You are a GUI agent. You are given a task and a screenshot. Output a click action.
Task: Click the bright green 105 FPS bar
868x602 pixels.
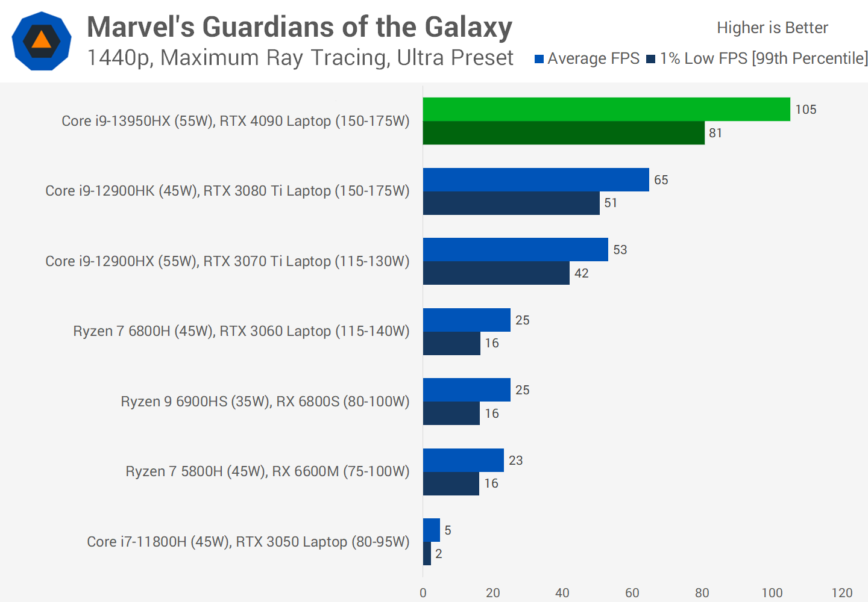click(x=606, y=109)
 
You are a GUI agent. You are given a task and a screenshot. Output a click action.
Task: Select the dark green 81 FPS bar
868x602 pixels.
click(x=564, y=133)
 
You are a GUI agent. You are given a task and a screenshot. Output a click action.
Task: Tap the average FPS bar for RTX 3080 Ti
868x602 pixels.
click(x=536, y=179)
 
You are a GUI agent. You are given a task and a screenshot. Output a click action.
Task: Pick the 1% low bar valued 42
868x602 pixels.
click(x=496, y=273)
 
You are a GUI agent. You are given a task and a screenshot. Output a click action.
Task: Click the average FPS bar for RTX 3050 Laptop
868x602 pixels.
click(x=432, y=530)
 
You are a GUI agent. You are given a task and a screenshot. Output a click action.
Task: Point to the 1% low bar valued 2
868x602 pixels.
click(x=427, y=554)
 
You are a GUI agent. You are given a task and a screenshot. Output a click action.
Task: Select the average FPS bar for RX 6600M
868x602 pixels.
click(x=463, y=460)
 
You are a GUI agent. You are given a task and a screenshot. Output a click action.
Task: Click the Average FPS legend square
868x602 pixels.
click(x=539, y=59)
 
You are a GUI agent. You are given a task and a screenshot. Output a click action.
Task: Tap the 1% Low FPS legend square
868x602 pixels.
click(x=650, y=59)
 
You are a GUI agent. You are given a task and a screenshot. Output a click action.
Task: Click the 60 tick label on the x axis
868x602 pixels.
click(x=632, y=593)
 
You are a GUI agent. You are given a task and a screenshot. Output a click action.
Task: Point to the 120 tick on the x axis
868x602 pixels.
click(x=841, y=593)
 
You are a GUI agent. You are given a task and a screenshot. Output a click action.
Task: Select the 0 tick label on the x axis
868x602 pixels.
click(x=423, y=593)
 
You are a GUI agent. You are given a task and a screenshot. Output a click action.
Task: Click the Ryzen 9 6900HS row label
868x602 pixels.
click(x=265, y=402)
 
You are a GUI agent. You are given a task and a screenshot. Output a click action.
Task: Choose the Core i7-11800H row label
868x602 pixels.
click(x=248, y=542)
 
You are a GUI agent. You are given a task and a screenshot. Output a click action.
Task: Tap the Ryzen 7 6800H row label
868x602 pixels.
click(x=241, y=331)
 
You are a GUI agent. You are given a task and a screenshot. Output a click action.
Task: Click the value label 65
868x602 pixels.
click(x=661, y=180)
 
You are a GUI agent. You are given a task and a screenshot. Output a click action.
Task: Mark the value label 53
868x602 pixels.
click(x=620, y=250)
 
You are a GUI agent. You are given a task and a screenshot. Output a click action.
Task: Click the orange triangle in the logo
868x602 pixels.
click(x=41, y=40)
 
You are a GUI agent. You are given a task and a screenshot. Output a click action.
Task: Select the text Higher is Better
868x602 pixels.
click(x=772, y=28)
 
